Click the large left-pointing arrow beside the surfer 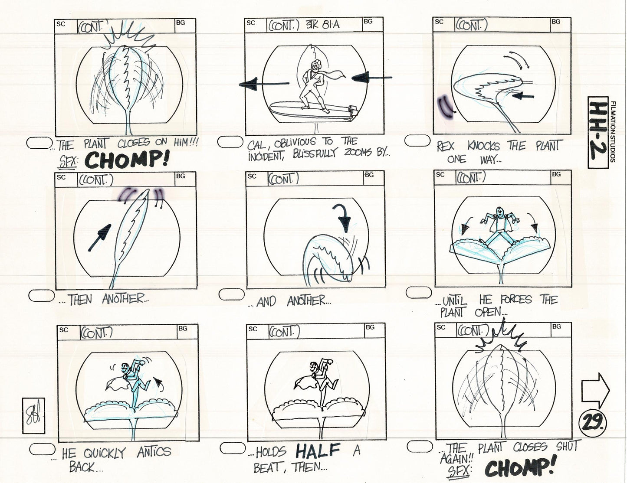point(264,86)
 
